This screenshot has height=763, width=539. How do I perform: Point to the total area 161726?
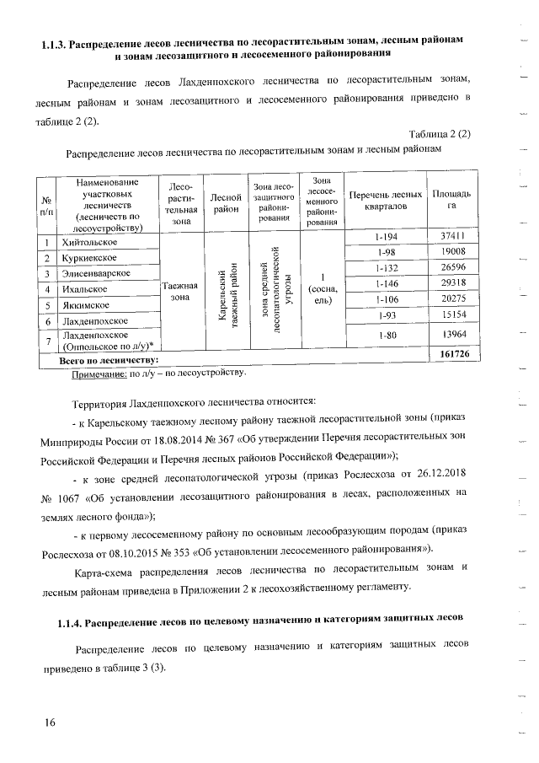point(455,355)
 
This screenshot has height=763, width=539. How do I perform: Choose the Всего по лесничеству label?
point(109,361)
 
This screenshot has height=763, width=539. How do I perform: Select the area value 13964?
point(452,335)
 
